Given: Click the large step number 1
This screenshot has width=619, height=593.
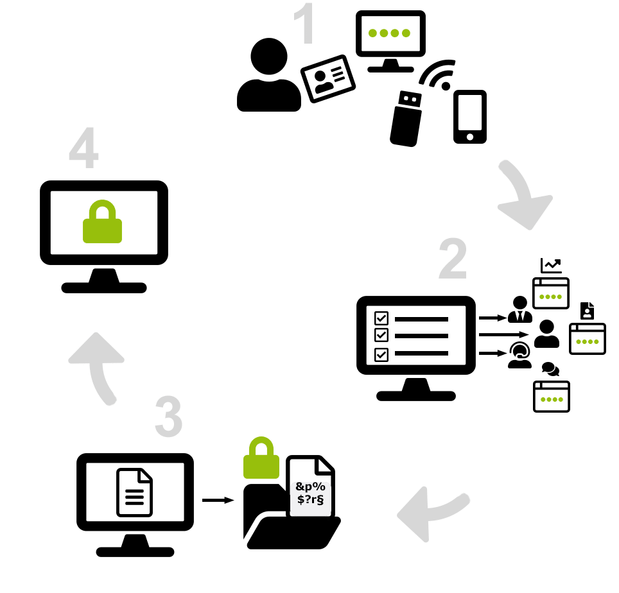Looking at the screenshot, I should click(304, 26).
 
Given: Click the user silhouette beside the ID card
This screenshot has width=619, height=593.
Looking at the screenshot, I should click(268, 76).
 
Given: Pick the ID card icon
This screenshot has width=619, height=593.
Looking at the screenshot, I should click(327, 78).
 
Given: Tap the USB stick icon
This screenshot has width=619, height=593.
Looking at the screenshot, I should click(406, 118).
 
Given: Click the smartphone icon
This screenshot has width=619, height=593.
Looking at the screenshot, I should click(469, 116).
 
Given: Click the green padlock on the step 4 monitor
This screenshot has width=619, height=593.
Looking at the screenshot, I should click(102, 221).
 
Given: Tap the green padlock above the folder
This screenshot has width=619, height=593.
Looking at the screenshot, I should click(261, 458).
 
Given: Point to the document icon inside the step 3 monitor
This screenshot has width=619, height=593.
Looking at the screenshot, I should click(135, 492).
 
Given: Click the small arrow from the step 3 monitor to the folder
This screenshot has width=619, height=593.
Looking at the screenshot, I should click(218, 499).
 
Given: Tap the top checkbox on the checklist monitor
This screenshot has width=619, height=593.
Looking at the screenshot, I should click(381, 318).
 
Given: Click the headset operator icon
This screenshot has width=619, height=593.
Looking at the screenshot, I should click(519, 355).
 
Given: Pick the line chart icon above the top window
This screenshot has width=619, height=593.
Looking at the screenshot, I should click(550, 265).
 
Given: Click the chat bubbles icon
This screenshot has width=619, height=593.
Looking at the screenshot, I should click(550, 370).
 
